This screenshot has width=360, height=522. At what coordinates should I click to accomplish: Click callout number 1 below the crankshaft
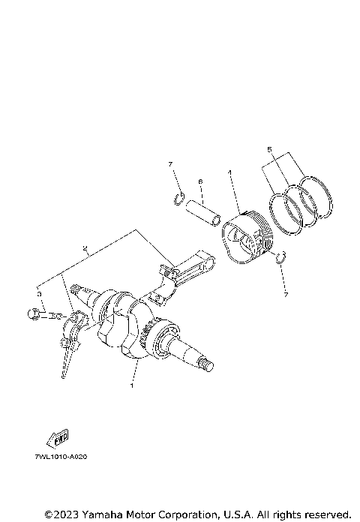click(132, 386)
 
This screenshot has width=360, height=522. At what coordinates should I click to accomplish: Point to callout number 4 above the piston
click(229, 173)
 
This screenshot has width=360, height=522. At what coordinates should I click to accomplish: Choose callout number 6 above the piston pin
click(200, 181)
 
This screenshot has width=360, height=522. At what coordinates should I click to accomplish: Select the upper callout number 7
click(171, 163)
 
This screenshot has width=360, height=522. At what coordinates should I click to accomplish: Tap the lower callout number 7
click(285, 295)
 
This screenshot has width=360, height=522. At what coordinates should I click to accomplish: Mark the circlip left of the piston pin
click(178, 199)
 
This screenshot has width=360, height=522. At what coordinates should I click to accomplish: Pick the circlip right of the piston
click(280, 259)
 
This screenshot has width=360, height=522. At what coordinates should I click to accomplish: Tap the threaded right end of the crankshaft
click(206, 365)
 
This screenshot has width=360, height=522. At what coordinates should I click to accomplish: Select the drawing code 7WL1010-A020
click(61, 456)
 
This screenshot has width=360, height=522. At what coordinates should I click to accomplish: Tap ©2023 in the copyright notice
click(59, 514)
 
